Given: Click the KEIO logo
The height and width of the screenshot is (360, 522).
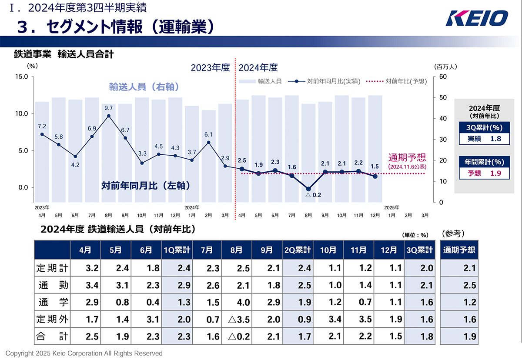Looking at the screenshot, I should (x=477, y=19).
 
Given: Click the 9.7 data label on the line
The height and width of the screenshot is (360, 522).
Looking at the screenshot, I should (x=109, y=108).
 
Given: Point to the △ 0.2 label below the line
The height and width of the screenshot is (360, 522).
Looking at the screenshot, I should (x=313, y=195).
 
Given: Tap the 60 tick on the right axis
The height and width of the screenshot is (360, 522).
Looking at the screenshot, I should (x=443, y=77).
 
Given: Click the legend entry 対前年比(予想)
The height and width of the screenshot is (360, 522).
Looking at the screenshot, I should (x=396, y=81).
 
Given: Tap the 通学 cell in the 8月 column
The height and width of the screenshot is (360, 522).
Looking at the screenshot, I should (x=237, y=302).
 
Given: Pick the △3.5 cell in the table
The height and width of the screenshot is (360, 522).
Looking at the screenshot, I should (x=237, y=319).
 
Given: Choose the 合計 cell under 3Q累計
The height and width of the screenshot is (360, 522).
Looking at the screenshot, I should (x=420, y=337).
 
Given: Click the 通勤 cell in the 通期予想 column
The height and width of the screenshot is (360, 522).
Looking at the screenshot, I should (x=459, y=285).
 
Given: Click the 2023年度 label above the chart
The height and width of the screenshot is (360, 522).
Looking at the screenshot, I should (x=210, y=67).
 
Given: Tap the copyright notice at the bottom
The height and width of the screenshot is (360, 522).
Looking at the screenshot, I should (x=84, y=353).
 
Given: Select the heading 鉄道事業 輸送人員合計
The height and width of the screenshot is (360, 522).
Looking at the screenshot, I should (x=64, y=54).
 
